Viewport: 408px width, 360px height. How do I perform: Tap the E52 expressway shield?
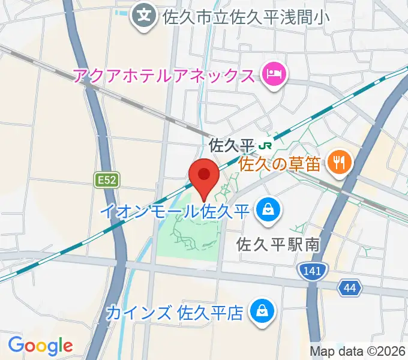coord(107,179)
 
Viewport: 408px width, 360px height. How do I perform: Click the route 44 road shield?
coord(350,287)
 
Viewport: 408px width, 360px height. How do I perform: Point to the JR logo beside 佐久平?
coord(265,146)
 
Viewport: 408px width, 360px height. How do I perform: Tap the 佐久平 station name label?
coord(232,146)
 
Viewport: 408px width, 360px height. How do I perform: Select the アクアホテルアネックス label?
coord(164,76)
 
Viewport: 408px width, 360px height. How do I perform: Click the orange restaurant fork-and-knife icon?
coord(340,163)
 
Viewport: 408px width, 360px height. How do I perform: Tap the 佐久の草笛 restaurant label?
coord(280,163)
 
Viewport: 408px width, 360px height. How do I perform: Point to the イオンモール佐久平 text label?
coord(175,211)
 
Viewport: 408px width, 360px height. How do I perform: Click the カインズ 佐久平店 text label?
coord(175,313)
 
